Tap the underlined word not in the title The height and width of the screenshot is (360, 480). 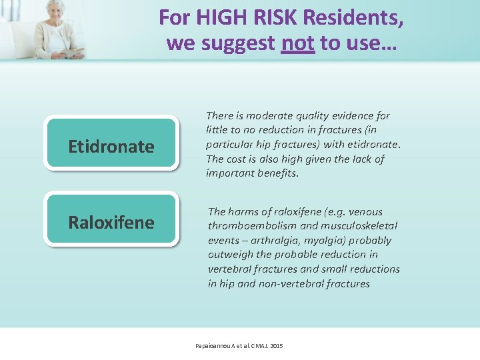click(x=297, y=43)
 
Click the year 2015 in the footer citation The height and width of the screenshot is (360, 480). click(x=276, y=346)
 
